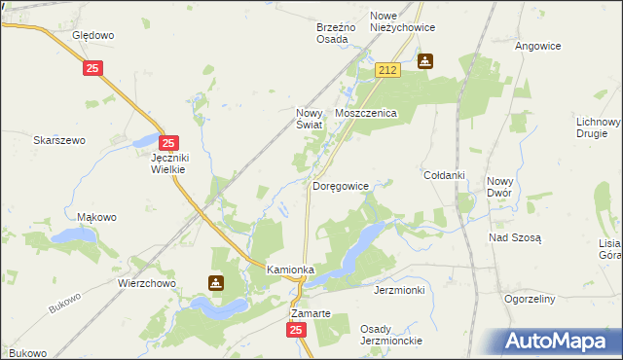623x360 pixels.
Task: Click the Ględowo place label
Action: [x=93, y=35]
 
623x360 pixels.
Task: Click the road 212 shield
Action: [x=388, y=71]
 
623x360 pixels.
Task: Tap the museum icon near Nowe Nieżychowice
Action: [x=425, y=61]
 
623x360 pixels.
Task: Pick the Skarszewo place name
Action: [x=59, y=140]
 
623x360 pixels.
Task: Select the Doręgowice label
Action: [x=340, y=185]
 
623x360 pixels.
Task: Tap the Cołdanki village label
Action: [x=444, y=175]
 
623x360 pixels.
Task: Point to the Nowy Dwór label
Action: [x=500, y=187]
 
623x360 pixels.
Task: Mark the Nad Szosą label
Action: [x=515, y=237]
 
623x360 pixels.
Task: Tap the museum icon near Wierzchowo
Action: [x=215, y=283]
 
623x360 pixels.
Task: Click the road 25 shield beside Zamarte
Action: [x=297, y=331]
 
